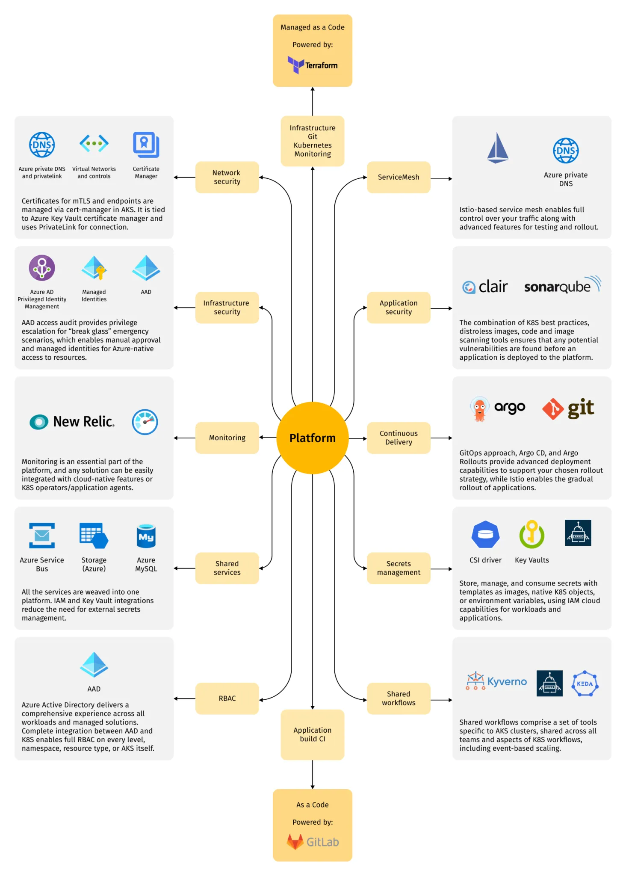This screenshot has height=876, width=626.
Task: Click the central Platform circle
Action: pyautogui.click(x=312, y=438)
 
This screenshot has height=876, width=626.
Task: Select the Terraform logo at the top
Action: pyautogui.click(x=312, y=65)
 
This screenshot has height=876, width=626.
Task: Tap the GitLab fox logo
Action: pyautogui.click(x=295, y=841)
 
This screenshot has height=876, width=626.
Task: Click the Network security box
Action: pyautogui.click(x=227, y=177)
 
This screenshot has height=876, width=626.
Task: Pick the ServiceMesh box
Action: pyautogui.click(x=398, y=177)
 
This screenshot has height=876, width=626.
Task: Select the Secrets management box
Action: pyautogui.click(x=398, y=568)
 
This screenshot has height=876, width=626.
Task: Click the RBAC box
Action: pyautogui.click(x=227, y=698)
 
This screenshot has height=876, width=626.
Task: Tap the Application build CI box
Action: pyautogui.click(x=312, y=734)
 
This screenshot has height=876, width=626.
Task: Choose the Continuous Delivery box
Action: pyautogui.click(x=398, y=438)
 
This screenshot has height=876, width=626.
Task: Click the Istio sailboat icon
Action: pyautogui.click(x=498, y=148)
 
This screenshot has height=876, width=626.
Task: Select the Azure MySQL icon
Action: pyautogui.click(x=146, y=536)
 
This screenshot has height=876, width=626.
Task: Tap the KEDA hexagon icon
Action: pyautogui.click(x=585, y=684)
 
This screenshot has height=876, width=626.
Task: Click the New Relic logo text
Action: pyautogui.click(x=83, y=422)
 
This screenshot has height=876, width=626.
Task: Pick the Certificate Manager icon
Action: pyautogui.click(x=146, y=145)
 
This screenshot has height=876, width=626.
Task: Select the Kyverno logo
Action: pyautogui.click(x=496, y=681)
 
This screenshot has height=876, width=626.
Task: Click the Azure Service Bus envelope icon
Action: pyautogui.click(x=42, y=535)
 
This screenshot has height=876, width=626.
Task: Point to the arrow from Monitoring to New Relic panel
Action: pyautogui.click(x=185, y=438)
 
